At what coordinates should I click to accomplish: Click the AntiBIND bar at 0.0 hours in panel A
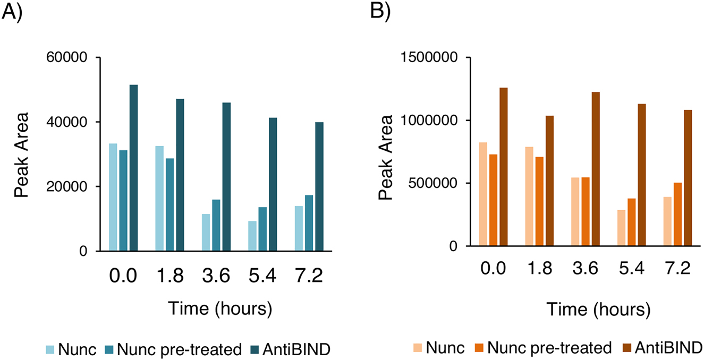[x=133, y=168]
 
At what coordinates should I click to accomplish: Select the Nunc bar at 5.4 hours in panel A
[x=252, y=236]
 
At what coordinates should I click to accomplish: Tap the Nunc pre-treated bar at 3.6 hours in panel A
[x=216, y=225]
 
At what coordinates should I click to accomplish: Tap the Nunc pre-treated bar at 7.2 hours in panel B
[x=677, y=215]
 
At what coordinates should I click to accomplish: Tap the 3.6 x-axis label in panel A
[x=216, y=277]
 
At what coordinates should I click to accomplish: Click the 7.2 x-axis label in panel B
[x=677, y=269]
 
